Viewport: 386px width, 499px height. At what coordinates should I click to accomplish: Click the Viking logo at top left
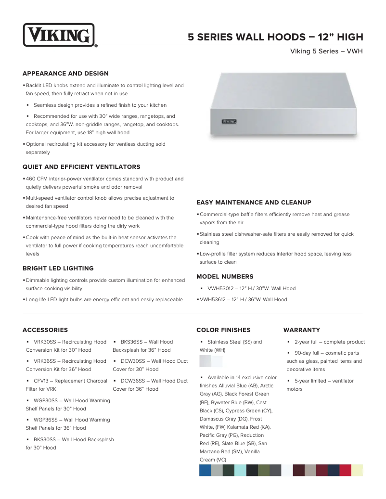click(x=59, y=35)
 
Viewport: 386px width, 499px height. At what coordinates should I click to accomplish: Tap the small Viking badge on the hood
click(x=229, y=122)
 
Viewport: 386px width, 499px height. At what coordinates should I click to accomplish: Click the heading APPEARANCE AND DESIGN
click(x=65, y=74)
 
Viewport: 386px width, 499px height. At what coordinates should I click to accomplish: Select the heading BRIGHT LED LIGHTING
click(x=58, y=269)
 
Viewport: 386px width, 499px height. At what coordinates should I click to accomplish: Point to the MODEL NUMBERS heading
click(x=225, y=277)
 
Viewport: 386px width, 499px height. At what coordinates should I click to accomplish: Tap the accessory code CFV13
click(x=41, y=381)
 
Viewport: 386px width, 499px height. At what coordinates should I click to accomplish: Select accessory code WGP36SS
click(x=45, y=420)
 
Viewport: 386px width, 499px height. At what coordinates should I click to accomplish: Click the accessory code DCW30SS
click(x=133, y=361)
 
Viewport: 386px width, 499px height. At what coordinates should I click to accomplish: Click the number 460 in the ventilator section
click(x=31, y=179)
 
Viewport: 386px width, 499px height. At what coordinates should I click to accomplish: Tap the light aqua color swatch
click(x=240, y=470)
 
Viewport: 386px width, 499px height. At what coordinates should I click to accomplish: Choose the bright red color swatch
click(x=346, y=470)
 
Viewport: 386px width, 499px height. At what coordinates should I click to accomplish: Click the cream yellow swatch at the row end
click(x=357, y=470)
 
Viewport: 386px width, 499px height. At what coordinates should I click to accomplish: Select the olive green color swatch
click(x=264, y=470)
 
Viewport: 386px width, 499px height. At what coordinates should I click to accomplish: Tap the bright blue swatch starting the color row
click(x=205, y=470)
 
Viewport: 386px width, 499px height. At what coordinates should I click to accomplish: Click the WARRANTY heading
click(x=302, y=330)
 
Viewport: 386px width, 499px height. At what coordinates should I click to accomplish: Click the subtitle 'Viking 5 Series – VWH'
click(x=326, y=51)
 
